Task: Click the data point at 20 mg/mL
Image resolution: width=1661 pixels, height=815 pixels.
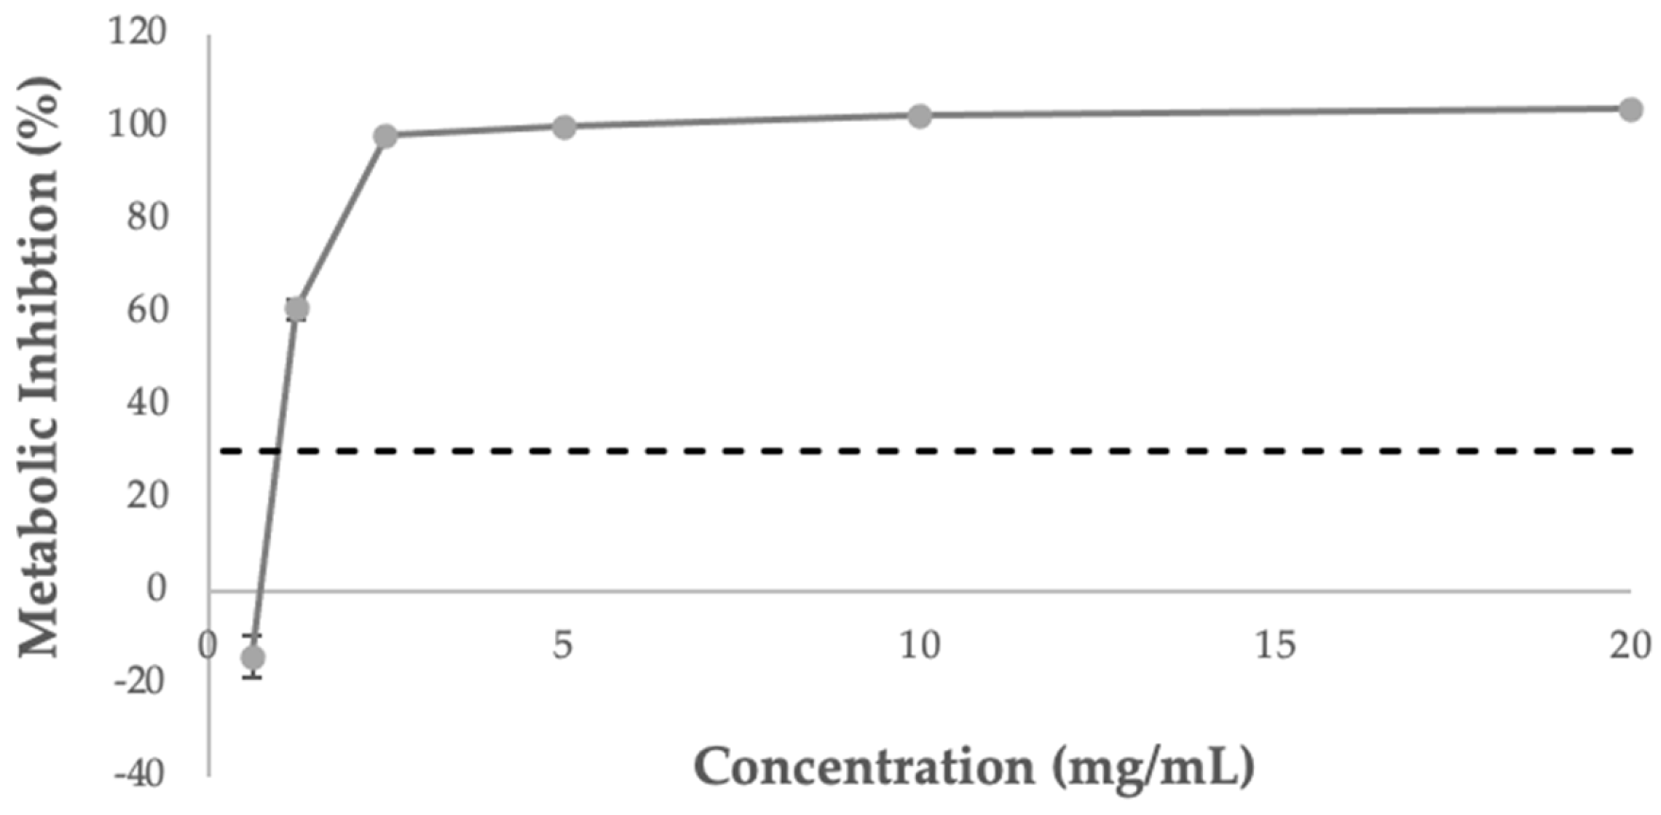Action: pyautogui.click(x=1630, y=110)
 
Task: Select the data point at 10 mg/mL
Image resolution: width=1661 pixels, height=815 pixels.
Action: pyautogui.click(x=919, y=116)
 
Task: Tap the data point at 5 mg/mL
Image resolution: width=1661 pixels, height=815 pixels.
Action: pyautogui.click(x=564, y=127)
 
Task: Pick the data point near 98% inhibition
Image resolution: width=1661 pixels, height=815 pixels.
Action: pyautogui.click(x=385, y=136)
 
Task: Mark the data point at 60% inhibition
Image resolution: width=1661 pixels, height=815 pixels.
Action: pyautogui.click(x=297, y=309)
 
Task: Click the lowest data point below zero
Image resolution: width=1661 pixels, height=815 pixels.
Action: pyautogui.click(x=253, y=657)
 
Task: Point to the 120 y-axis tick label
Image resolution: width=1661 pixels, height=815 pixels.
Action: pyautogui.click(x=137, y=32)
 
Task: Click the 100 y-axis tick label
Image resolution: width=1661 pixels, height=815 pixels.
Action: pyautogui.click(x=137, y=125)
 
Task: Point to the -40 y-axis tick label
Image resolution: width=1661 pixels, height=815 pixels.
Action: pyautogui.click(x=140, y=773)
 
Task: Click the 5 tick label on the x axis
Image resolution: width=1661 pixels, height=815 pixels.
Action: pyautogui.click(x=563, y=646)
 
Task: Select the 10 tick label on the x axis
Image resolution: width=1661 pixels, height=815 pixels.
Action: pyautogui.click(x=919, y=646)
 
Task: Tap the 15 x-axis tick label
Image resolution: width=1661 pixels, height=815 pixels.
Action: pyautogui.click(x=1275, y=646)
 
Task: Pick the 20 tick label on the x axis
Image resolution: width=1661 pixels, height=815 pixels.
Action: pyautogui.click(x=1631, y=646)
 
